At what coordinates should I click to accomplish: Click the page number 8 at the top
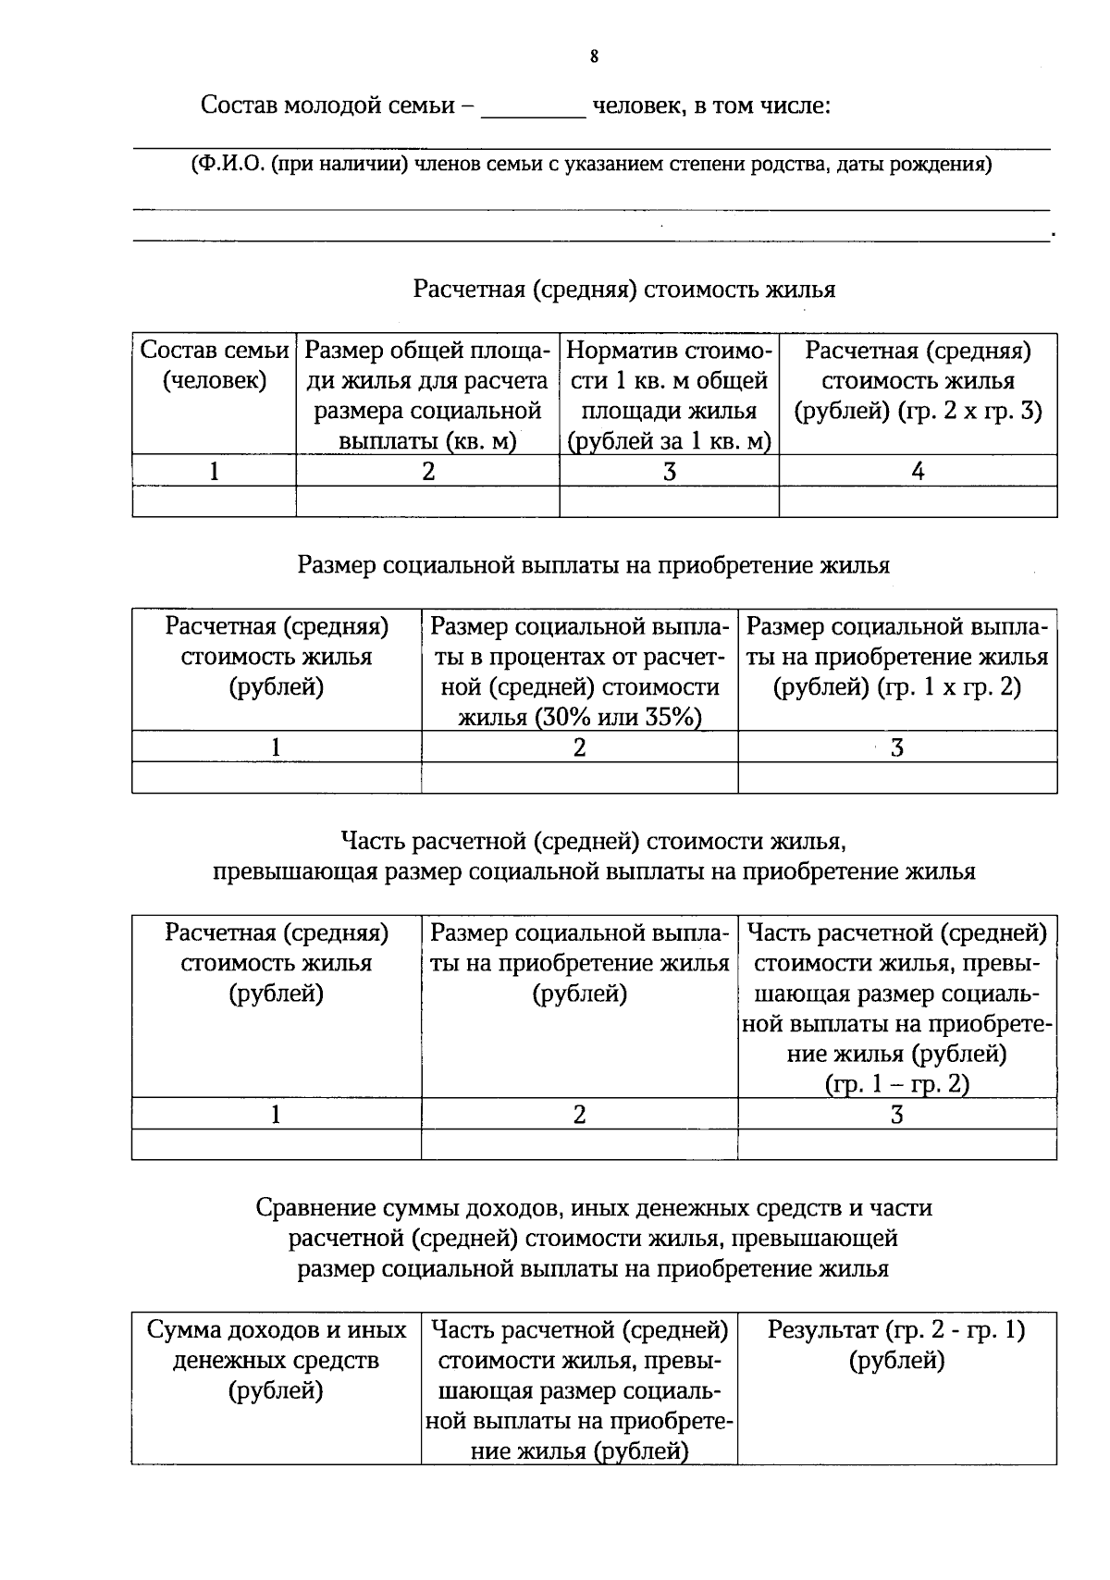point(594,57)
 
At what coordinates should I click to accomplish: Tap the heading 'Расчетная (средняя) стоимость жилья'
point(623,290)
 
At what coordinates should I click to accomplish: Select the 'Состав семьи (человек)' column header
point(215,365)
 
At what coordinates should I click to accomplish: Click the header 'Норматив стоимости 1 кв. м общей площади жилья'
point(669,395)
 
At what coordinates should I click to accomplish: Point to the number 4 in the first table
point(918,472)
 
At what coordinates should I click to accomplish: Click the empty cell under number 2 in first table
point(427,501)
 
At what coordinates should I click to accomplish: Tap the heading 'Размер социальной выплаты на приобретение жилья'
point(593,565)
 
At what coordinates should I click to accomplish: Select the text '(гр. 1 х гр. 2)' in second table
point(896,687)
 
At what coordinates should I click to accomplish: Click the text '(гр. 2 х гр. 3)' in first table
point(969,411)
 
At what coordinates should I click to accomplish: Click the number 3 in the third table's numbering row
point(896,1115)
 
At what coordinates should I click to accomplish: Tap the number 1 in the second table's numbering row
point(276,747)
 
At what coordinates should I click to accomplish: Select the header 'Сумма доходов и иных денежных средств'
point(276,1360)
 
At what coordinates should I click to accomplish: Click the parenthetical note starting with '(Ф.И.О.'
point(592,166)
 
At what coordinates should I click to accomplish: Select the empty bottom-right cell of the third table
point(896,1145)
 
